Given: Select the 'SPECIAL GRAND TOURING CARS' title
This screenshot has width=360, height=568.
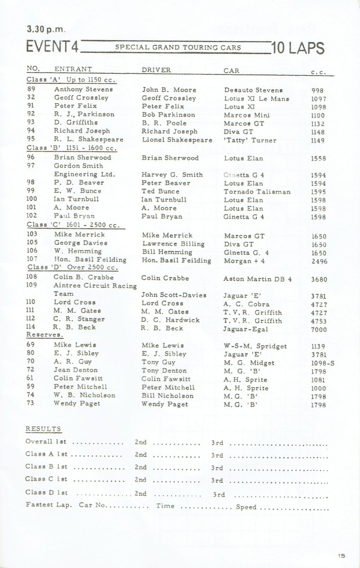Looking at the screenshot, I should (178, 47).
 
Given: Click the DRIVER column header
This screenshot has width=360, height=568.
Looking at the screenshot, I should (156, 70).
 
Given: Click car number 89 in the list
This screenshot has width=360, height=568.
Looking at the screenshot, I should (31, 89).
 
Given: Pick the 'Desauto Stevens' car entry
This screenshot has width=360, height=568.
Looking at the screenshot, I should (253, 89).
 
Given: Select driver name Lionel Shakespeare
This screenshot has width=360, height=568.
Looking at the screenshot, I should (177, 140).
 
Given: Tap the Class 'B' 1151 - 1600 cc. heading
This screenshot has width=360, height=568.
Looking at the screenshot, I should (71, 148).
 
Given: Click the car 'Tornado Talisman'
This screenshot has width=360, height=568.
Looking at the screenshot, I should (257, 192).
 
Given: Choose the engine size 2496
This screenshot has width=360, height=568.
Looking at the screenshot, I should (319, 261).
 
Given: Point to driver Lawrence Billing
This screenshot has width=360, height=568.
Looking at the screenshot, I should (173, 244).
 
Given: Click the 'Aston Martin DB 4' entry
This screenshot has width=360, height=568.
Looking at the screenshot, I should (257, 279).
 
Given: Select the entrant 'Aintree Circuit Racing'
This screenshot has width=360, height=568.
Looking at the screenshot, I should (95, 285).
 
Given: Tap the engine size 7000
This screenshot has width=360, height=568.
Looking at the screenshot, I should (319, 329).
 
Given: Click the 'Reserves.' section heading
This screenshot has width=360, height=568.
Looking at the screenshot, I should (44, 335).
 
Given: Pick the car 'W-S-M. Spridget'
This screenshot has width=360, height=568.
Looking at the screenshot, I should (255, 346).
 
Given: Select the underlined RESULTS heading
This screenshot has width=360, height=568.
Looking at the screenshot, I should (43, 429).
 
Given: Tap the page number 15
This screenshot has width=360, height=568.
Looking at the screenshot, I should (342, 555).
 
